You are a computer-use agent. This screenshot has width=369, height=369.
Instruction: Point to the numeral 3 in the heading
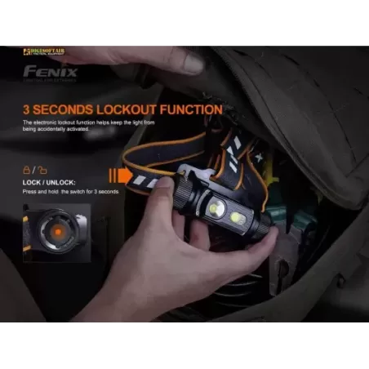click(x=28, y=109)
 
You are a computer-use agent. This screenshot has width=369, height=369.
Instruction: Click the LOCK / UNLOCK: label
click(x=45, y=181)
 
